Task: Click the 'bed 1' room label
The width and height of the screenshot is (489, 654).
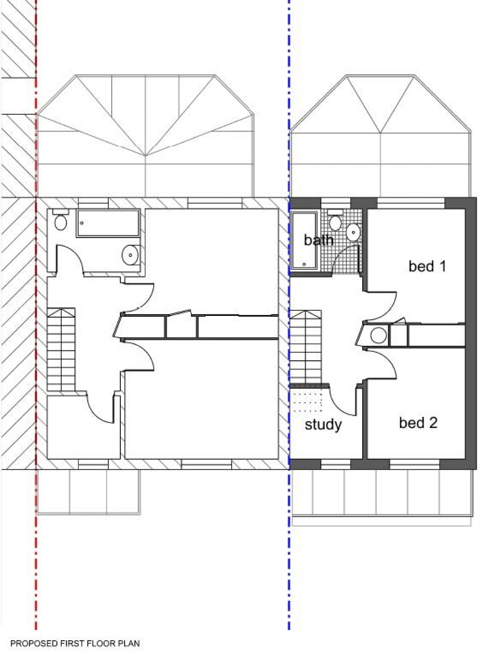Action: [427, 266]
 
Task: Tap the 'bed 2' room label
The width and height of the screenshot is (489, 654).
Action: [418, 423]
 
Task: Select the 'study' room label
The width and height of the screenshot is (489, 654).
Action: [323, 425]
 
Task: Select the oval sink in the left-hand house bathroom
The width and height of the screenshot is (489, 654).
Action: [130, 254]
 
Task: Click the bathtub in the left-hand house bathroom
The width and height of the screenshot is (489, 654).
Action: [108, 223]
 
